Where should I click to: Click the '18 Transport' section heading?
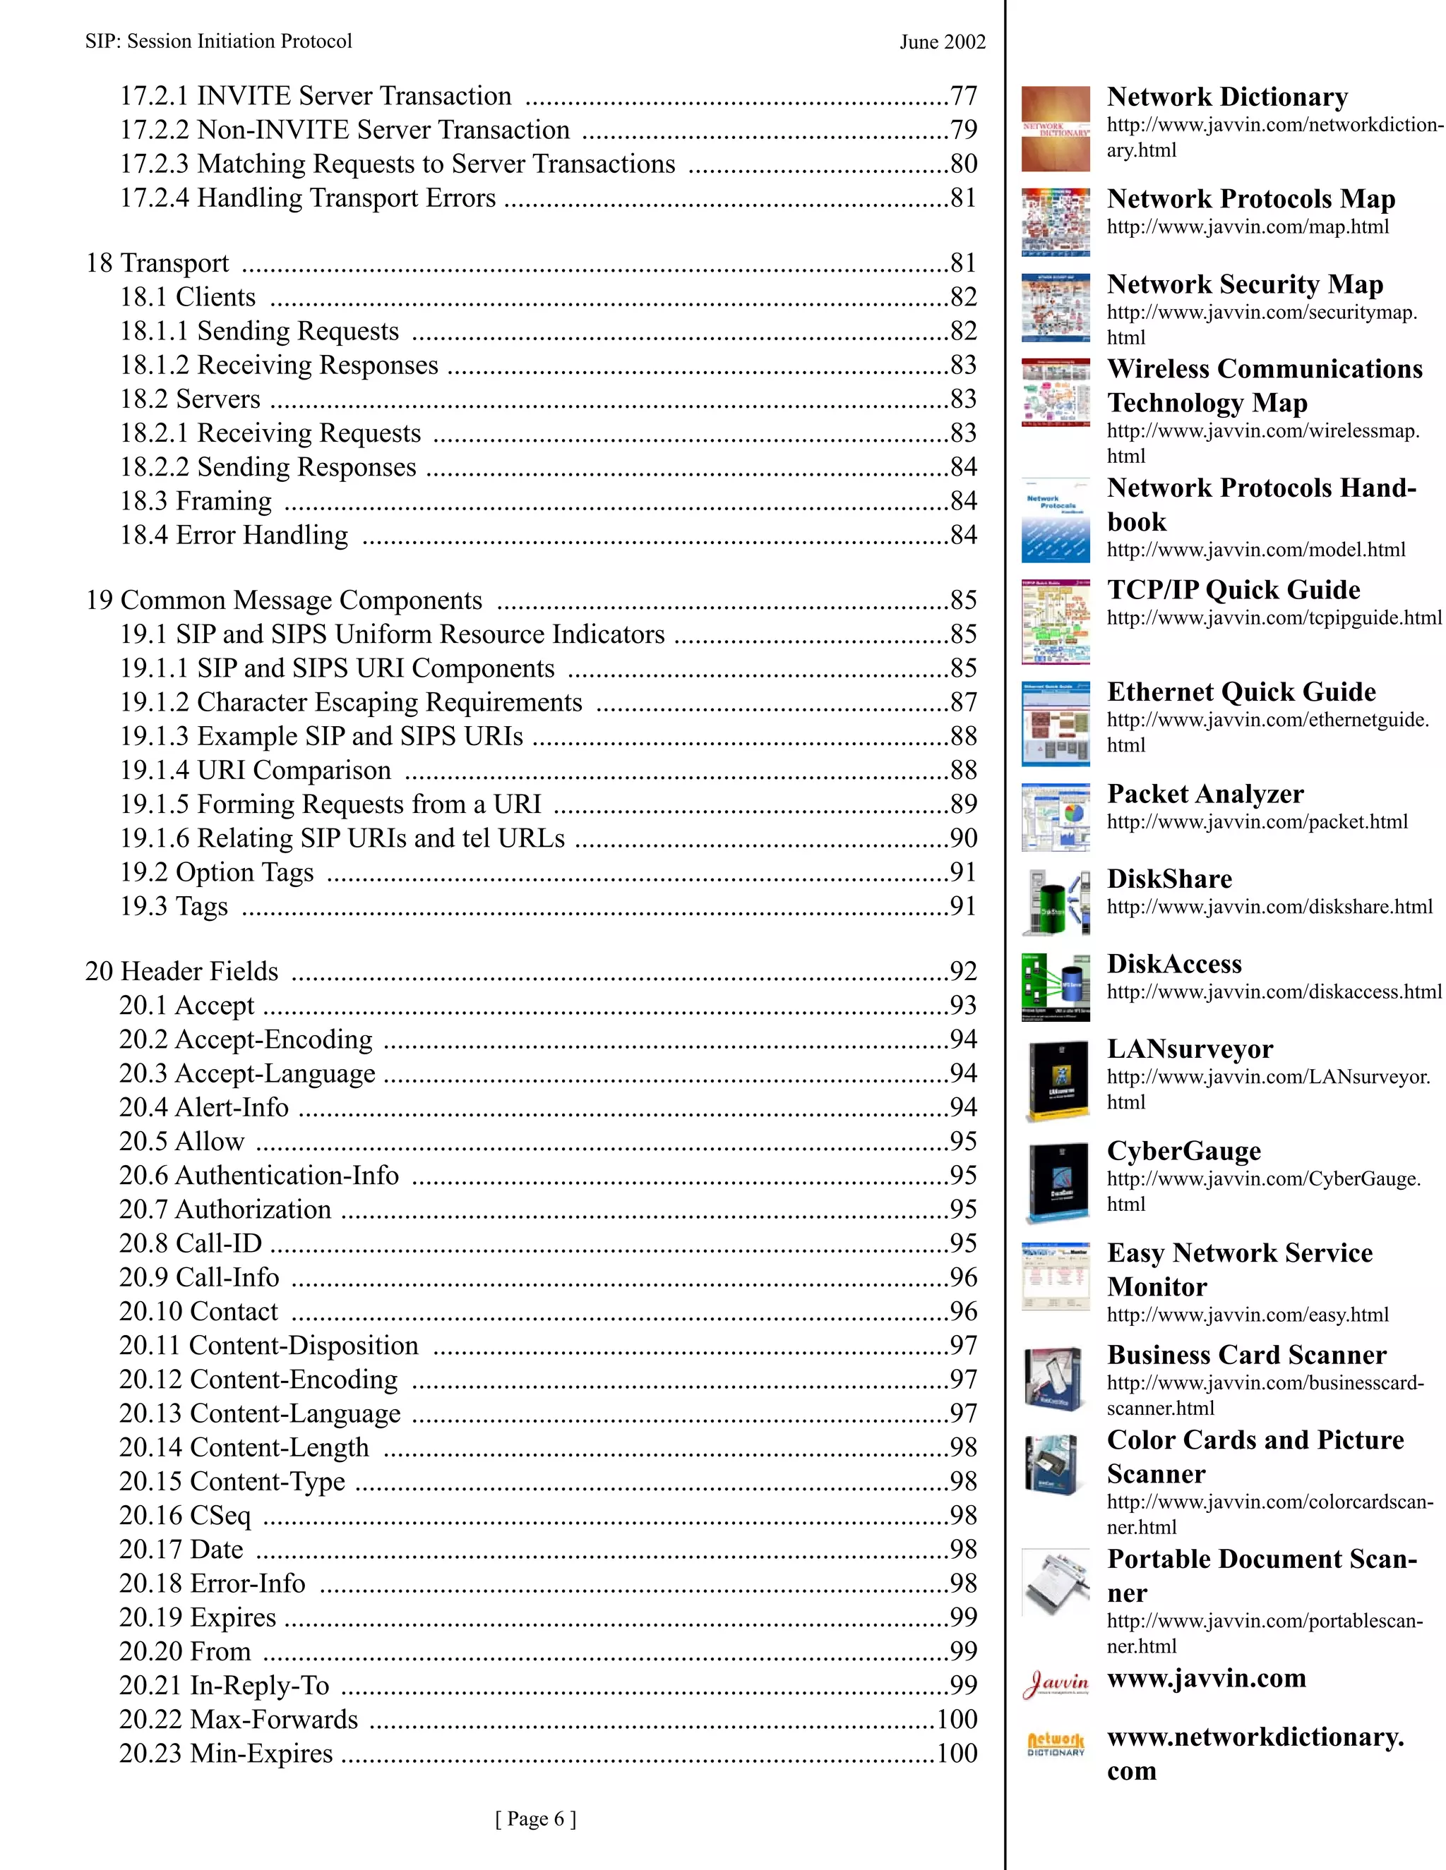pos(157,263)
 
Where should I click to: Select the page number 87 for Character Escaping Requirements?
pos(963,702)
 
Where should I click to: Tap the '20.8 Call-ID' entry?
pos(190,1243)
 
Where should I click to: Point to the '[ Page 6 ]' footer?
pos(535,1818)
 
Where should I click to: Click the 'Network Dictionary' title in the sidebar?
pos(1226,97)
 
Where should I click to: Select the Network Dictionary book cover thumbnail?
pos(1056,128)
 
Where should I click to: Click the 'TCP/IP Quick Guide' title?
pos(1233,590)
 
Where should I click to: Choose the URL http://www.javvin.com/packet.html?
pos(1257,822)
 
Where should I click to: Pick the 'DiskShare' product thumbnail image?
pos(1056,902)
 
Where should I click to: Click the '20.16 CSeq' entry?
pos(185,1516)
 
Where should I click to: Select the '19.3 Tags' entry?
pos(174,906)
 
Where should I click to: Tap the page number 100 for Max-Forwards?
pos(956,1719)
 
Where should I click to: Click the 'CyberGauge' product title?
pos(1183,1151)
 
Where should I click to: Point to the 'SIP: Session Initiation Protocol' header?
pos(218,41)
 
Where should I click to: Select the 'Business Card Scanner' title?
pos(1245,1355)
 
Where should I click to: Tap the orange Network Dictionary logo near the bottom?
pos(1056,1743)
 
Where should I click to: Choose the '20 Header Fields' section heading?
pos(181,971)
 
